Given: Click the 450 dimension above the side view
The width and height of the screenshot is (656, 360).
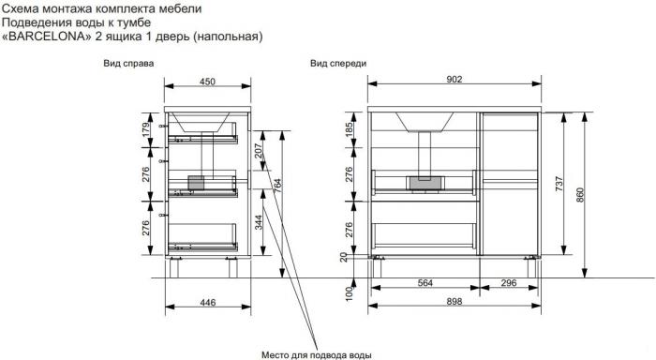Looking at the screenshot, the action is (x=207, y=82).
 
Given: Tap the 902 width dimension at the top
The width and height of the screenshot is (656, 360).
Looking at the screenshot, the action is (x=454, y=79).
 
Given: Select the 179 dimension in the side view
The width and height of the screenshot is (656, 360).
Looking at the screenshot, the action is (x=145, y=129).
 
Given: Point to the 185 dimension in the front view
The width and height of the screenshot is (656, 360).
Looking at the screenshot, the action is (x=349, y=129).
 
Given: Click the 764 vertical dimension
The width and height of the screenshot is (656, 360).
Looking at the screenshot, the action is (x=277, y=186).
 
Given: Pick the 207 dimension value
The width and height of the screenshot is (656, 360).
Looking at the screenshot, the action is (x=258, y=151).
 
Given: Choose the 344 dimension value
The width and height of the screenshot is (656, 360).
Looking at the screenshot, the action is (x=258, y=222).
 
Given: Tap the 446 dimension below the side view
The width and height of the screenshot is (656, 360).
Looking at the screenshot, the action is (x=207, y=302).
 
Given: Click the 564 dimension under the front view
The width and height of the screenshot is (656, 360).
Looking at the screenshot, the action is (x=425, y=282).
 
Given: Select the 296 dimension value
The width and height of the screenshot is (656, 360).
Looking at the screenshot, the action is (x=508, y=282).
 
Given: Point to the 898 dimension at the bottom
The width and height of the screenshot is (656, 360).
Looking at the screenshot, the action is (x=454, y=301).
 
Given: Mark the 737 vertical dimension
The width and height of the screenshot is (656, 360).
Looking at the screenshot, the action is (x=559, y=184).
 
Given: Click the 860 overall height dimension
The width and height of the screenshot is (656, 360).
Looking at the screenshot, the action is (x=580, y=195).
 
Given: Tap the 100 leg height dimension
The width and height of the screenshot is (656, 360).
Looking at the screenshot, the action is (x=349, y=293).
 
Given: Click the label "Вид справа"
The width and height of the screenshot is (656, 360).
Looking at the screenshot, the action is (x=128, y=64).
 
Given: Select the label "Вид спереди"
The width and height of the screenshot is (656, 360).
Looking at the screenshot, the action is (x=338, y=64).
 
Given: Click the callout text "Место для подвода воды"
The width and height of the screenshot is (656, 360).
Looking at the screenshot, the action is (x=317, y=355).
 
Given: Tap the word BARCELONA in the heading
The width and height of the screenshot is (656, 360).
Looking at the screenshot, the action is (x=47, y=37).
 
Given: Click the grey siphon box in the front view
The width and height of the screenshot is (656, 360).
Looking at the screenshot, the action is (x=425, y=184).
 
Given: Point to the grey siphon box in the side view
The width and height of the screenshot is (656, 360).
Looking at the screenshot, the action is (x=196, y=183).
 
